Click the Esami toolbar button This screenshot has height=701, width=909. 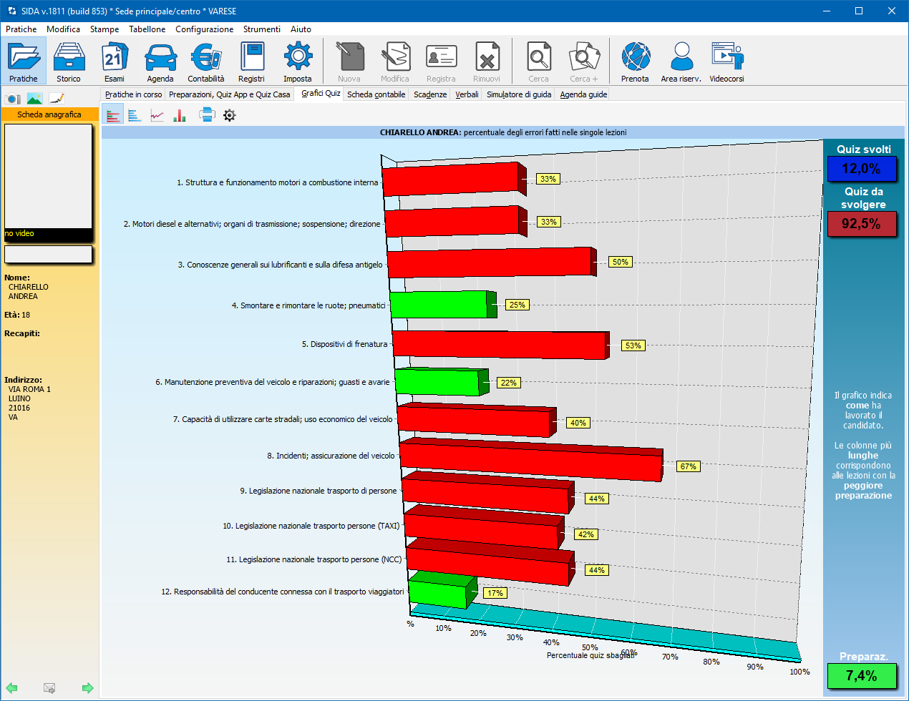click(115, 62)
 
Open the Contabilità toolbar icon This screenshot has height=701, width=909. click(206, 62)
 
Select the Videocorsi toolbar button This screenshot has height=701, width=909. click(726, 62)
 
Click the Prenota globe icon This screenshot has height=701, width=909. click(635, 57)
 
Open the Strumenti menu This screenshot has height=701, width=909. click(261, 29)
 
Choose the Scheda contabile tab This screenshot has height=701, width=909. click(376, 94)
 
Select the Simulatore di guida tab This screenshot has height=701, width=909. click(519, 94)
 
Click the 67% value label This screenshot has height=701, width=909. click(688, 466)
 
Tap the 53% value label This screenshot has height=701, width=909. click(633, 345)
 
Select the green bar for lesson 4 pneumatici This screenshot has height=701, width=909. click(439, 305)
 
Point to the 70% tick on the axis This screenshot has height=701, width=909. click(670, 657)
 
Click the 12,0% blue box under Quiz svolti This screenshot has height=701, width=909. click(861, 169)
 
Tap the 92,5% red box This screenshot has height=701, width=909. click(861, 224)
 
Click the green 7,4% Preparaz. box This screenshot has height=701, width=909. click(861, 676)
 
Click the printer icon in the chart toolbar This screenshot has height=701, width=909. click(207, 115)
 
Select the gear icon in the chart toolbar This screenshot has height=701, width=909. click(229, 115)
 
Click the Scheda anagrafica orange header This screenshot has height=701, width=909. click(49, 114)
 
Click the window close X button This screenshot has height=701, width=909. click(892, 11)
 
